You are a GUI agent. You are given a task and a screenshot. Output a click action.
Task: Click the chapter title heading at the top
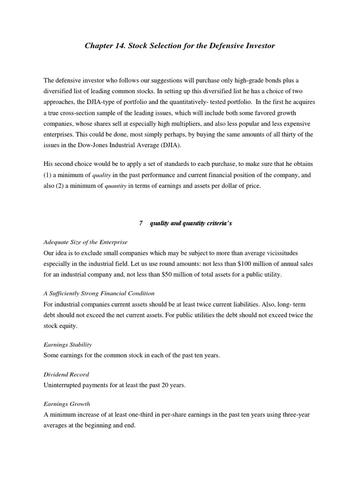click(180, 45)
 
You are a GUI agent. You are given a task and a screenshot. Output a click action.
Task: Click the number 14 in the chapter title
click(119, 45)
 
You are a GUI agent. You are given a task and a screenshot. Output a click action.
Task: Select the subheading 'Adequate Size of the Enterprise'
click(85, 242)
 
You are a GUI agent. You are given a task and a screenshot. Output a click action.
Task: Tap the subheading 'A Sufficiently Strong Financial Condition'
click(99, 293)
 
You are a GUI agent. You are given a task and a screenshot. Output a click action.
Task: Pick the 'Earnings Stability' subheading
click(67, 345)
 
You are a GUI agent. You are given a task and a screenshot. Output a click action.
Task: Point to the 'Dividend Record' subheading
click(66, 375)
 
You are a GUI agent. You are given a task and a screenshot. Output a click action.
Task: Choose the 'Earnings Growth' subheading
click(67, 404)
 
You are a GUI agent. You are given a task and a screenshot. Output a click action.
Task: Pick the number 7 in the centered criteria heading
click(141, 224)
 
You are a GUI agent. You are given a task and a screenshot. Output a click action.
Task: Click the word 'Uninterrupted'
click(63, 385)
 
